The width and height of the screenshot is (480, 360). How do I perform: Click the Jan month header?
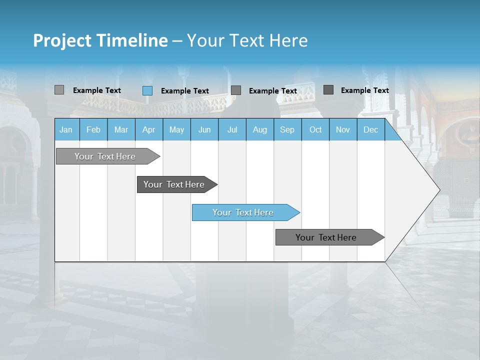(66, 129)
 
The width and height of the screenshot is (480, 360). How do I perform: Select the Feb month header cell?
(93, 129)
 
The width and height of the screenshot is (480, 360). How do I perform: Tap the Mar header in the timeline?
(121, 129)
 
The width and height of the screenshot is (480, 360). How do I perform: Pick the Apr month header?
(149, 129)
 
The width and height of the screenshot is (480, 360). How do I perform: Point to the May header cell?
(176, 129)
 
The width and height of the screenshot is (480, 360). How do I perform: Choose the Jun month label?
(204, 129)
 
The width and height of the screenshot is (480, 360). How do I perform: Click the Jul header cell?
(232, 129)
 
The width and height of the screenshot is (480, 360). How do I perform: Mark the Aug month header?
(260, 129)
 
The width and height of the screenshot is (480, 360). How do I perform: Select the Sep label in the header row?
(287, 129)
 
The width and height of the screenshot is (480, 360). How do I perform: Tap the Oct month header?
(315, 129)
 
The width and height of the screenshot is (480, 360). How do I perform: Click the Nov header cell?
(343, 129)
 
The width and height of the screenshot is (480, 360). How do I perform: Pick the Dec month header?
(371, 129)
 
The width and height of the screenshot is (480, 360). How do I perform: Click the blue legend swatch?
(147, 90)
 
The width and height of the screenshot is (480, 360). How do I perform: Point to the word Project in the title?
(62, 40)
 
